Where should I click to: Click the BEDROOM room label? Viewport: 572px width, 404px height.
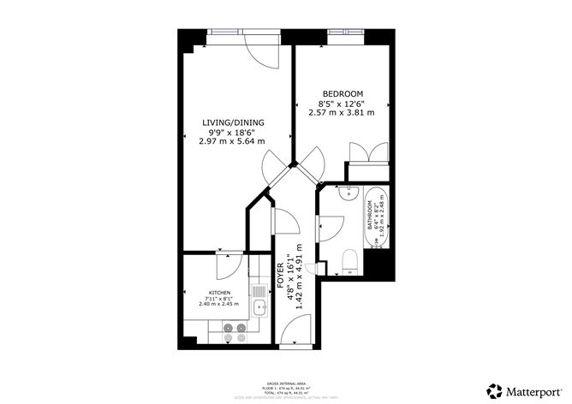point(343,93)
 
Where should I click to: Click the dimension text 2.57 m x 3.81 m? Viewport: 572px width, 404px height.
point(343,112)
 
